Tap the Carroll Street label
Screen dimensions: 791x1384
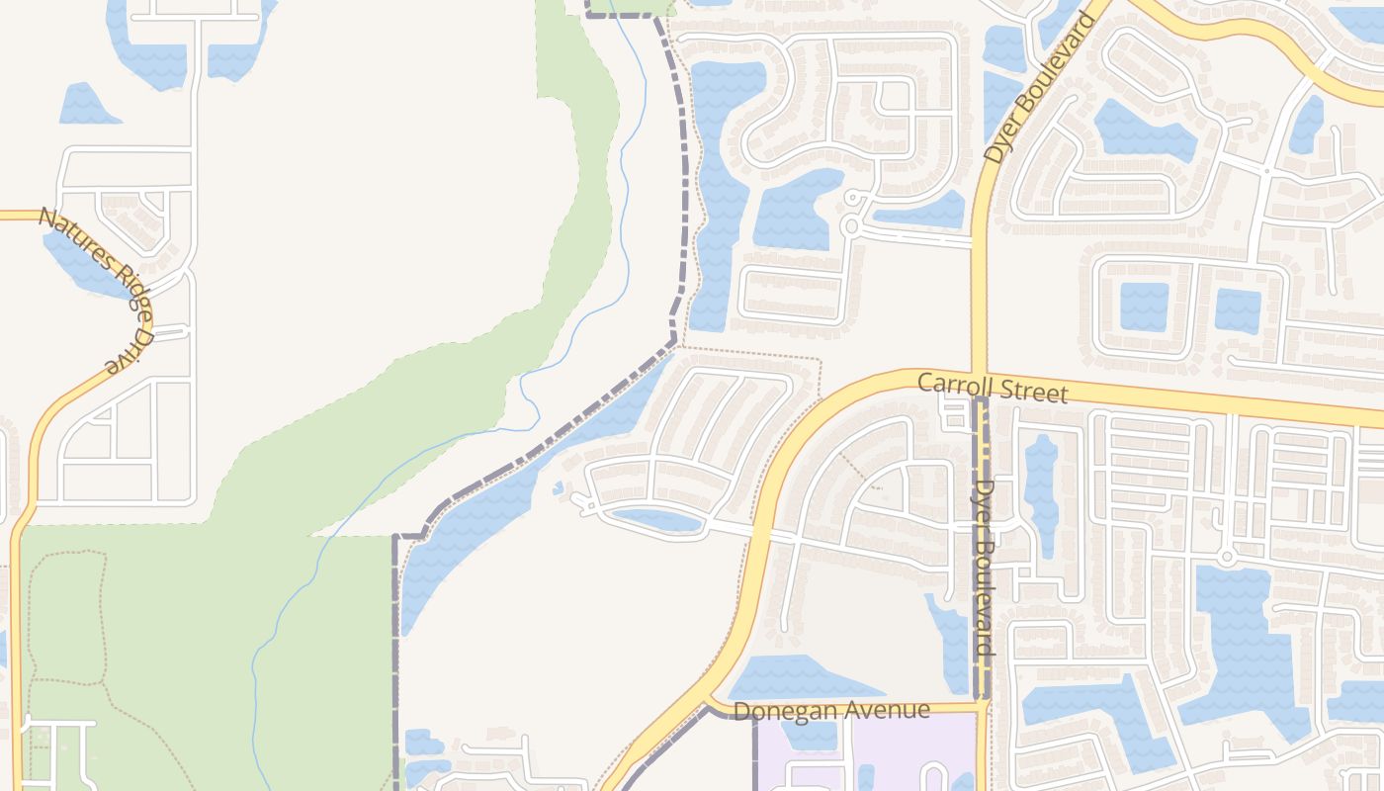coord(993,387)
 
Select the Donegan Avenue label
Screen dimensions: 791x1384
coord(831,710)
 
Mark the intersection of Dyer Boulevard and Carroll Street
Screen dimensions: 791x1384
coord(980,381)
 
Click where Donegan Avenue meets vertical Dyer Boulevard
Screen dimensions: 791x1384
coord(982,706)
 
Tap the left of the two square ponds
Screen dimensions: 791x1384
coord(1144,307)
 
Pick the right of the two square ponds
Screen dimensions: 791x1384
coord(1238,310)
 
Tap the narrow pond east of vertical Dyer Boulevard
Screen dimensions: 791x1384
coord(1041,494)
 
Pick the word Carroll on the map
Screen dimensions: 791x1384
coord(952,384)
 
